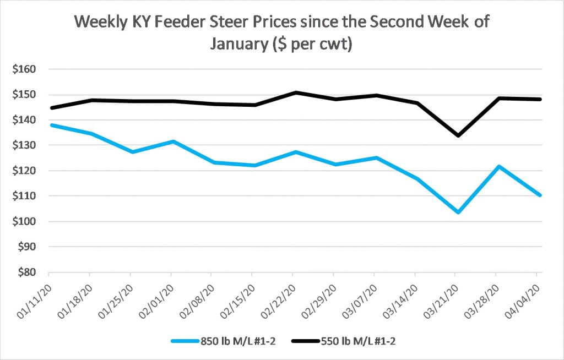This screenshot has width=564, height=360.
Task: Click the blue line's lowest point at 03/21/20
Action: pyautogui.click(x=455, y=212)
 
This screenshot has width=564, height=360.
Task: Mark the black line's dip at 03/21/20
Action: pyautogui.click(x=455, y=135)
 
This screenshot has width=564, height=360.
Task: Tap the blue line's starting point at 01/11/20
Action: pyautogui.click(x=50, y=125)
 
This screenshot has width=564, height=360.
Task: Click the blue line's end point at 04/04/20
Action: pyautogui.click(x=540, y=195)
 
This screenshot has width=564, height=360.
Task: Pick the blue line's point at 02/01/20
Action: pyautogui.click(x=173, y=141)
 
